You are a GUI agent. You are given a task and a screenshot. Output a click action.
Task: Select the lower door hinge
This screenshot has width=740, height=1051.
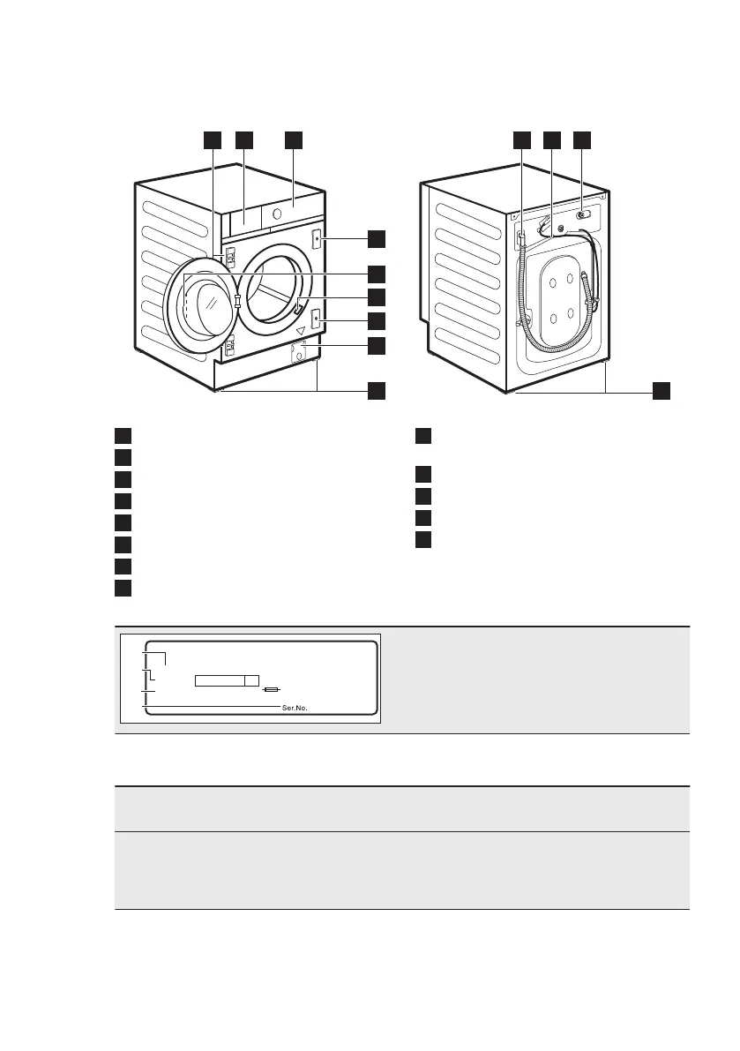[229, 346]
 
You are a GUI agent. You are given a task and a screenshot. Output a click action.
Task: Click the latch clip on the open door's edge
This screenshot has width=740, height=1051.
[237, 301]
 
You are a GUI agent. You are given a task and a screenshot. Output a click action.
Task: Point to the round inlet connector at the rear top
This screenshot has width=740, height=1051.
[582, 214]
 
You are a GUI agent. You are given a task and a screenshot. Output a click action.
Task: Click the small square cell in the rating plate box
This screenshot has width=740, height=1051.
[252, 680]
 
